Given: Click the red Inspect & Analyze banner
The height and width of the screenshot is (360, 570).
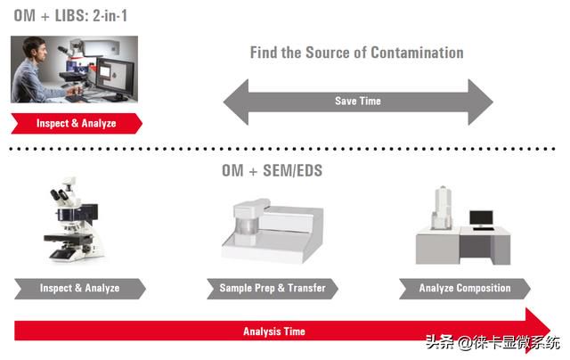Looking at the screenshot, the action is (x=77, y=124).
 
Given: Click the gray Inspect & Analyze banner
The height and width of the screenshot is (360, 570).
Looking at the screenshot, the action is (x=80, y=289).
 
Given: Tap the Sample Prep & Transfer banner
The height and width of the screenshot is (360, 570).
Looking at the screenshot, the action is (x=273, y=289).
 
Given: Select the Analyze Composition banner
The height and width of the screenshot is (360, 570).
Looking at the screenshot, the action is (x=465, y=289).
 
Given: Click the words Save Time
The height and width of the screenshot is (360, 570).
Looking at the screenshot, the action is (x=358, y=101).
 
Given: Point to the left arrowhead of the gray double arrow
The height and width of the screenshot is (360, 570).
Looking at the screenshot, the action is (x=236, y=102).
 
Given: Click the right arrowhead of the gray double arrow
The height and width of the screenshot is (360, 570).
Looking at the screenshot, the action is (x=481, y=102).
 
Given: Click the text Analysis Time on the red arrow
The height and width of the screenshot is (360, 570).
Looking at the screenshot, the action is (x=274, y=331).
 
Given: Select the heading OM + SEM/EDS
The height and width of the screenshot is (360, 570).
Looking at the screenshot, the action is (x=272, y=170).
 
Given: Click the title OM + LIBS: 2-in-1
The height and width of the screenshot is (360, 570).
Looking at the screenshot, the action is (x=70, y=16).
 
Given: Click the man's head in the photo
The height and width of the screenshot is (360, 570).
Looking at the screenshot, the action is (x=34, y=50).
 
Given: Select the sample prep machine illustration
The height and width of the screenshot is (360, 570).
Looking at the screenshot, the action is (x=273, y=231).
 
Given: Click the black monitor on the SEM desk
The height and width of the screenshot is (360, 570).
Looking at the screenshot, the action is (x=481, y=218).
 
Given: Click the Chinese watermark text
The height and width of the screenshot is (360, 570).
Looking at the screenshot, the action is (x=493, y=342).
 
